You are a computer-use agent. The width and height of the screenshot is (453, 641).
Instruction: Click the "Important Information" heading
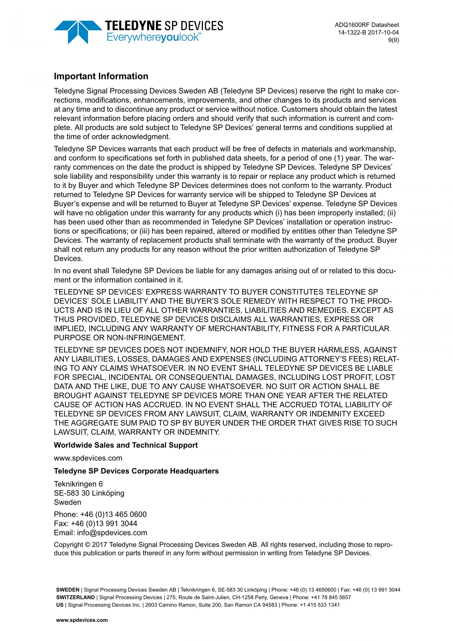101,76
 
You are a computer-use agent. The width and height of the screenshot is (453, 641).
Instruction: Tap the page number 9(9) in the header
394,40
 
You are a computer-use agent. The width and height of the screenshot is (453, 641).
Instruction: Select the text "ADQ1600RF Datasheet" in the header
367,25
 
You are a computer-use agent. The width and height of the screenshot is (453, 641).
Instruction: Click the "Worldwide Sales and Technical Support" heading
126,445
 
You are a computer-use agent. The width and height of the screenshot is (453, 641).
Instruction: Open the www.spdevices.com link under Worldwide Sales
88,458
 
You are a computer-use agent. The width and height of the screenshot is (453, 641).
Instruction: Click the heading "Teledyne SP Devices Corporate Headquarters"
136,471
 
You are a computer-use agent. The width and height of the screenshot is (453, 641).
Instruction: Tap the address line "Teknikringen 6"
78,484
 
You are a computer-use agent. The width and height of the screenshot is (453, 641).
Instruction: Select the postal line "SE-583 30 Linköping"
89,493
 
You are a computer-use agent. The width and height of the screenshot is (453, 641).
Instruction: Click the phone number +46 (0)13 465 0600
113,514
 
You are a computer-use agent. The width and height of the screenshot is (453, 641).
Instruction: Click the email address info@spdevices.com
112,533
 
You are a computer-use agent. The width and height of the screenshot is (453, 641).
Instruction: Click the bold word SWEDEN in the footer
68,590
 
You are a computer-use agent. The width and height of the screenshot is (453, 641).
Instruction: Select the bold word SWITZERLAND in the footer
75,598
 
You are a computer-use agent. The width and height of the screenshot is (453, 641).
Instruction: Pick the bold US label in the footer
59,605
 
